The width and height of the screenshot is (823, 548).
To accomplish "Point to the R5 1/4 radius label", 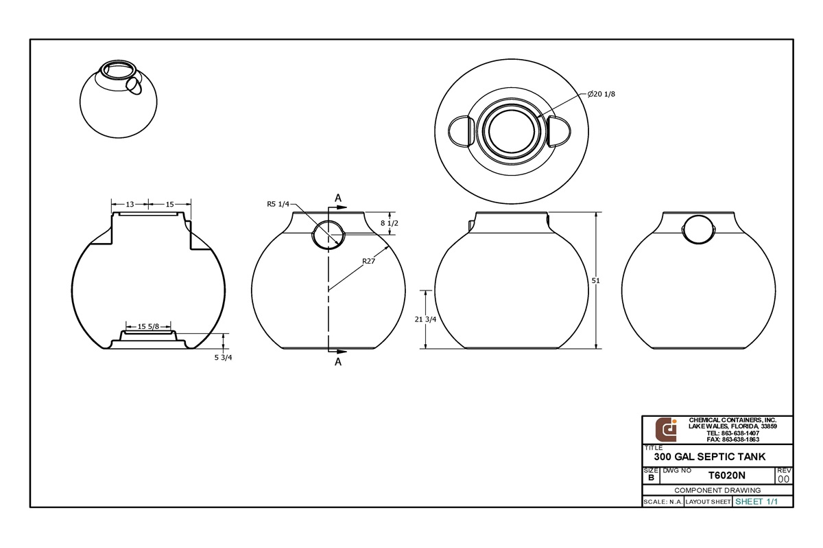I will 278,204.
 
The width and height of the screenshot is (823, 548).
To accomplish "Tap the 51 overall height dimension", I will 604,280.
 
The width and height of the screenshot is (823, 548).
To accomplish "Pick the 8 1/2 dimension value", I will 389,224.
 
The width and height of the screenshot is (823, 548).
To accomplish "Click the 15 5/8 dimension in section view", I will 149,326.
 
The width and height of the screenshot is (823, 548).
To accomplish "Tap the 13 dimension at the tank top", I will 130,204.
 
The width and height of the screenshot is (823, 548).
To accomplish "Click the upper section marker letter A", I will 338,198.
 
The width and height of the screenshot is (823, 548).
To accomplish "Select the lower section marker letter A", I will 337,362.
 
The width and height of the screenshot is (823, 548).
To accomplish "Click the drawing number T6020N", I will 726,475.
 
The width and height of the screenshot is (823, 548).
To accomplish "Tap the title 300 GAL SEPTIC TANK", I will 709,456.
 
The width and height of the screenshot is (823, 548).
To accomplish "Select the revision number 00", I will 784,479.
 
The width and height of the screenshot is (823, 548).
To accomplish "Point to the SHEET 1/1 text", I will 756,501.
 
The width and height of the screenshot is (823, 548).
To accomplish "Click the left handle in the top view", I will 460,130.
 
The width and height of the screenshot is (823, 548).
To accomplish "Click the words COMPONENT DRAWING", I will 717,490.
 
